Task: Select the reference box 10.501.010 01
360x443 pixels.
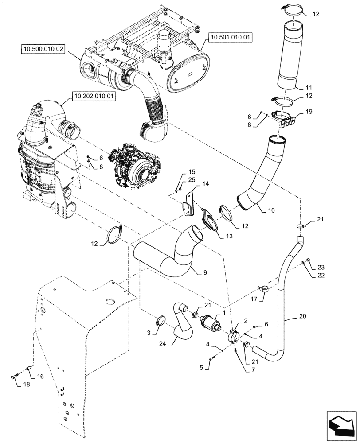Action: point(230,39)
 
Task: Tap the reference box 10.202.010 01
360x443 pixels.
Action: point(93,96)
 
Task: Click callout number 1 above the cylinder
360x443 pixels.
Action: point(224,312)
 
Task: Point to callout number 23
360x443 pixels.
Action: point(321,267)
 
